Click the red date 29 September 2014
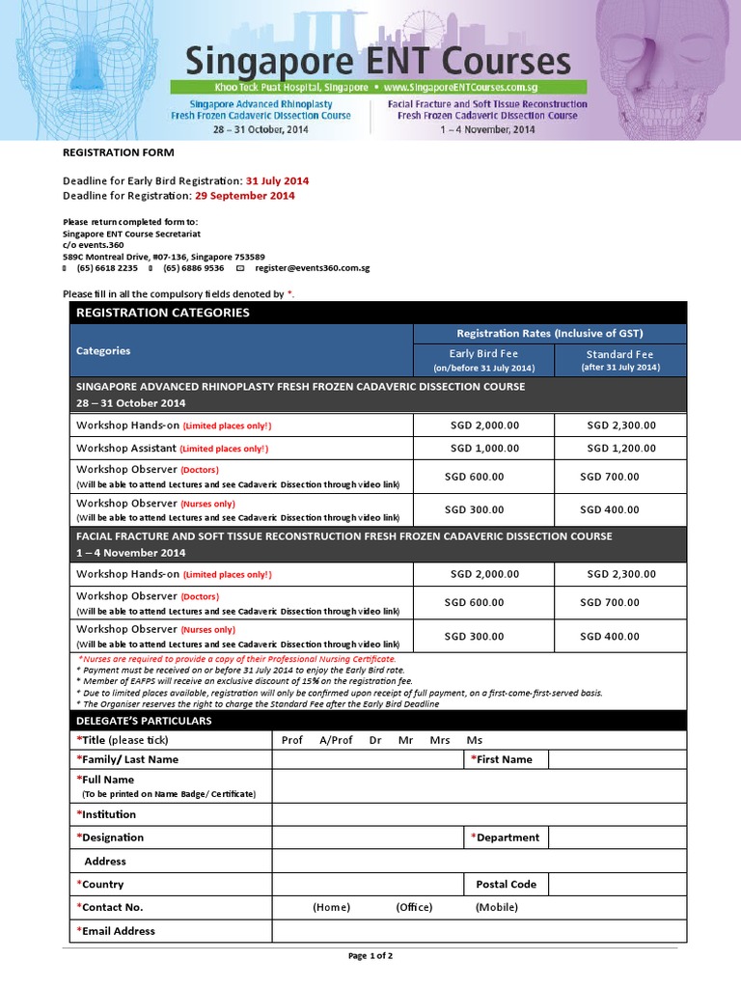coord(244,196)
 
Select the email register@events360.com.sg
coord(313,268)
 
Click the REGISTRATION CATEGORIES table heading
coord(162,313)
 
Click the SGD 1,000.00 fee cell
coord(484,449)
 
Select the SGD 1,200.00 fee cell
coord(620,449)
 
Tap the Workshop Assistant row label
coord(125,449)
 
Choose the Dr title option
coord(375,740)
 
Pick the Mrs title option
coord(440,740)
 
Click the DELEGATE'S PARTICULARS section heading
coord(143,721)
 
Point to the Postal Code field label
coord(506,885)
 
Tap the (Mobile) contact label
coord(496,908)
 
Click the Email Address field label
coord(119,931)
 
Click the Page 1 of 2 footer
coord(370,956)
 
